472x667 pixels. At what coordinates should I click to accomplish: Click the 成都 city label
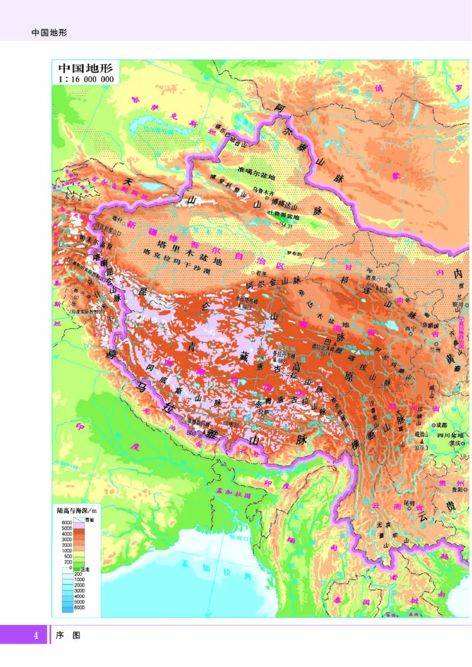[444, 425]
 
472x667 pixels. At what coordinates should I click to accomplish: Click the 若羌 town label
[260, 273]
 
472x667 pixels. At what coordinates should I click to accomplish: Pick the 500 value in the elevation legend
[67, 556]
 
